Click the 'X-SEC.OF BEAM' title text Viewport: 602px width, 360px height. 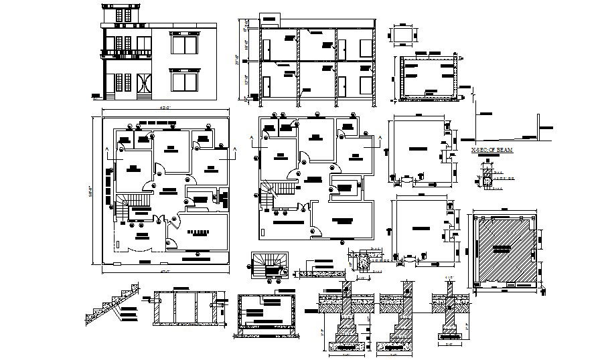pyautogui.click(x=492, y=151)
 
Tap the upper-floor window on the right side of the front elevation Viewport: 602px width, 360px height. pyautogui.click(x=185, y=45)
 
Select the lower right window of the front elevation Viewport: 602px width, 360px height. pyautogui.click(x=185, y=82)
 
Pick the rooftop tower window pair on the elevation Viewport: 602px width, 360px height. pyautogui.click(x=120, y=14)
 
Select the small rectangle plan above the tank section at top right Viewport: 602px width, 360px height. pyautogui.click(x=402, y=35)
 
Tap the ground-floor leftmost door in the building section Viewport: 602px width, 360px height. pyautogui.click(x=267, y=88)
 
